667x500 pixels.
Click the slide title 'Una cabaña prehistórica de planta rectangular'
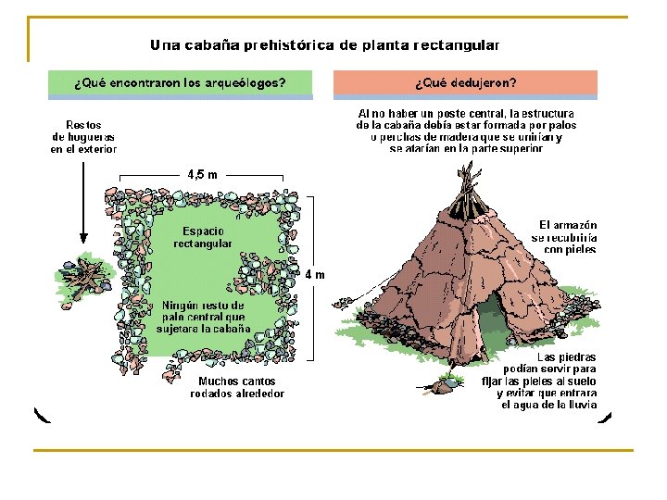coord(324,44)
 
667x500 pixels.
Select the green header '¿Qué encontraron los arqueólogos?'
coord(180,82)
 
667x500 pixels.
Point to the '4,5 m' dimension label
coord(202,173)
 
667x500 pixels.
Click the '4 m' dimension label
coord(316,274)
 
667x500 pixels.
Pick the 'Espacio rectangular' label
coord(203,237)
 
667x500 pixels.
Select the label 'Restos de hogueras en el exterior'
coord(83,136)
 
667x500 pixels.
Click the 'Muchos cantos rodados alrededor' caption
coord(237,387)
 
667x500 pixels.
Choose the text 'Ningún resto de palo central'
coord(203,317)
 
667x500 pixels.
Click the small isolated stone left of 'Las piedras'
coord(452,379)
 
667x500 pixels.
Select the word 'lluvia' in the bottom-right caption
coord(583,405)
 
